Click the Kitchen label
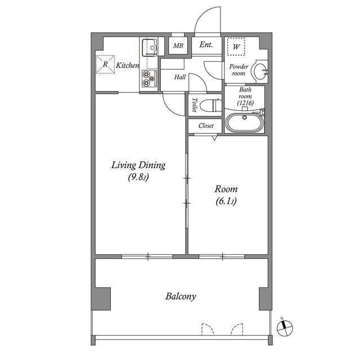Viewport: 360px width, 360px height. pyautogui.click(x=128, y=66)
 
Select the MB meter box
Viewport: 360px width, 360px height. pyautogui.click(x=178, y=46)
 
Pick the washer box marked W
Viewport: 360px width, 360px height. pyautogui.click(x=236, y=47)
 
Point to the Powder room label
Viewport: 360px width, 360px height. pyautogui.click(x=238, y=70)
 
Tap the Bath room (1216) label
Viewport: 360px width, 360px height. pyautogui.click(x=245, y=96)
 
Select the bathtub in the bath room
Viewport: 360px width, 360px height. pyautogui.click(x=244, y=122)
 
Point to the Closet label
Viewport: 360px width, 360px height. pyautogui.click(x=206, y=126)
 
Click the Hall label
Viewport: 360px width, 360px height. pyautogui.click(x=180, y=77)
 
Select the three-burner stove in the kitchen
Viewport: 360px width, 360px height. pyautogui.click(x=148, y=79)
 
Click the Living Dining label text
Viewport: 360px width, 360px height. pyautogui.click(x=138, y=165)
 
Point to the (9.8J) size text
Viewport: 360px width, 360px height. pyautogui.click(x=138, y=178)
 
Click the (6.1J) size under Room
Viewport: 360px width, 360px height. pyautogui.click(x=226, y=201)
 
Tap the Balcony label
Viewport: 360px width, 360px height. pyautogui.click(x=181, y=296)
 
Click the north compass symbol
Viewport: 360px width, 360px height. pyautogui.click(x=286, y=326)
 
